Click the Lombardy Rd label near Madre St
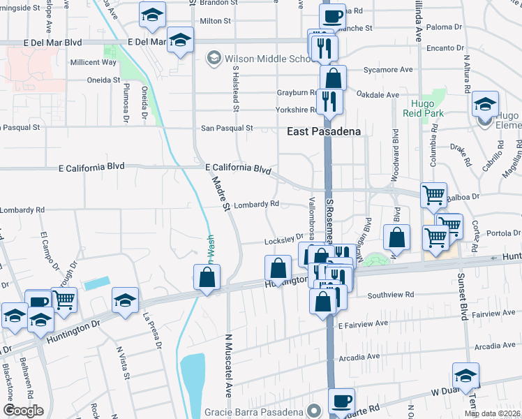[x=256, y=204]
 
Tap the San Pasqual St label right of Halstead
[x=227, y=128]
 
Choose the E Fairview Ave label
[x=363, y=324]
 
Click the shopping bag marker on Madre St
[x=207, y=278]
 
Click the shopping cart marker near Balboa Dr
[x=433, y=196]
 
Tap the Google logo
[x=23, y=411]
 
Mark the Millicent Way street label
[x=94, y=62]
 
